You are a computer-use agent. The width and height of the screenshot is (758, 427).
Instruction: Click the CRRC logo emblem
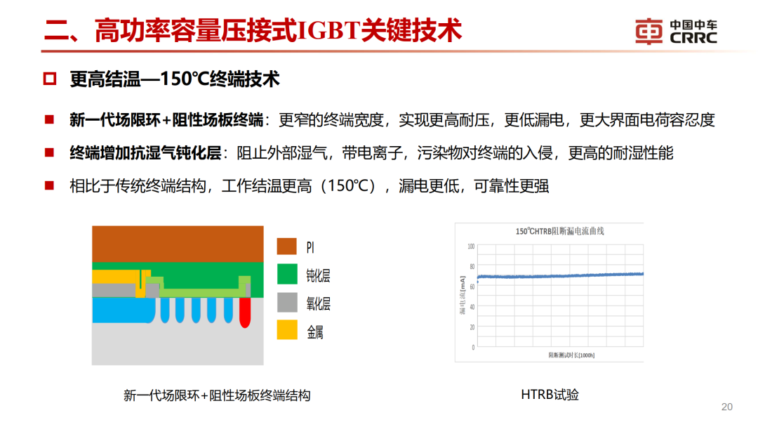pos(649,32)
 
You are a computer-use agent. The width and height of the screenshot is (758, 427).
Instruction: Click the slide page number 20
pos(726,407)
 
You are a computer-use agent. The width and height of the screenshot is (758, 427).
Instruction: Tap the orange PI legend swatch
pos(287,247)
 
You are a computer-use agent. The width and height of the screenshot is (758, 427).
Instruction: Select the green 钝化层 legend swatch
pos(287,275)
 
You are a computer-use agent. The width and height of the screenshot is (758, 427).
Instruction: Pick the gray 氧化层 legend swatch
pos(287,303)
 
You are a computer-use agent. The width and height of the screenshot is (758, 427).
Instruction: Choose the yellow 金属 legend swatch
pos(287,331)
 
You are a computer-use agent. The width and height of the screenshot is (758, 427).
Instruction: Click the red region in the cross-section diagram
pos(245,312)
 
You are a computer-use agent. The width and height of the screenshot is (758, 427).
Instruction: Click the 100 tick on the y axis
pos(471,247)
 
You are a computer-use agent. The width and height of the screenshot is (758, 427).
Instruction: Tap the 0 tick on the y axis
pos(473,347)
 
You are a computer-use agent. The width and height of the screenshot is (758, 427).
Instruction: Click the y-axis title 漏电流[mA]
pos(463,296)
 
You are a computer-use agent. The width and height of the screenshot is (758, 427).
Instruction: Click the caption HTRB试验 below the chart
pos(550,395)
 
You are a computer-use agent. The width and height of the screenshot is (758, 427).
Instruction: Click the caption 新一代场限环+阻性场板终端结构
pos(217,395)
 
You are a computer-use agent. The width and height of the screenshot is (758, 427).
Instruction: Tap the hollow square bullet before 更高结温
pos(49,79)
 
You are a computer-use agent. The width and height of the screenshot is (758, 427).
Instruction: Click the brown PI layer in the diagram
pos(178,244)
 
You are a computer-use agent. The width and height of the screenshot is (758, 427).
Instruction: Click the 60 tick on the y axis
pos(471,287)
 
